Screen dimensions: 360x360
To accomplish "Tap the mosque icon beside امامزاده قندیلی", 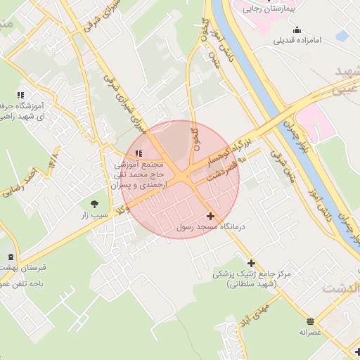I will pos(296,30).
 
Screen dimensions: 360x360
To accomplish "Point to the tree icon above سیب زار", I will pos(94,203).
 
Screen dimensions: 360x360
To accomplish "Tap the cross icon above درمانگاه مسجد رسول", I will pos(210,217).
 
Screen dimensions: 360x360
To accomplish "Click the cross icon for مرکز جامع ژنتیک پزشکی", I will pos(251,263).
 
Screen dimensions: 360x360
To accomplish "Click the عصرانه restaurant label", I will pos(310,331).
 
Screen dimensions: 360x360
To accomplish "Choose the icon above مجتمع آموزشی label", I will pos(139,153).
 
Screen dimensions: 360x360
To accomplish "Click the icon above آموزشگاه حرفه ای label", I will pos(20,95).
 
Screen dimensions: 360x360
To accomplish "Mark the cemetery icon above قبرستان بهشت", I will pos(10,257).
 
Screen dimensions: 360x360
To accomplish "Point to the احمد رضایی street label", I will pos(20,182).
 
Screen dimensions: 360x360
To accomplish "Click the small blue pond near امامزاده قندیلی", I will pos(342,35).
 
